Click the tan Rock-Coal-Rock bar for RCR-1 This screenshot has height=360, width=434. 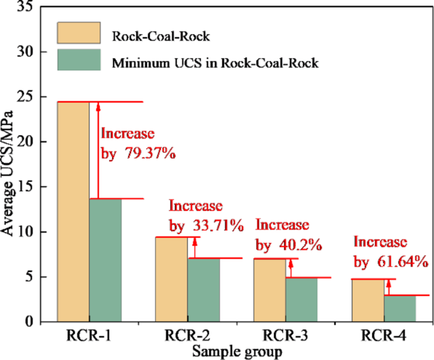click(73, 212)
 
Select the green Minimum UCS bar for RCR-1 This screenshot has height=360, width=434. click(105, 260)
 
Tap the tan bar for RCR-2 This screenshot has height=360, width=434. click(171, 280)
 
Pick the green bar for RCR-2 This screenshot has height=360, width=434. click(203, 290)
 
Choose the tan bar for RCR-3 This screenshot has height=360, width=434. click(269, 290)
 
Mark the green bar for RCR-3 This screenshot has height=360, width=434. click(302, 300)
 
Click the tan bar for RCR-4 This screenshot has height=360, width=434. click(367, 300)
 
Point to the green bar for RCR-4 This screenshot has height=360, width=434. click(400, 309)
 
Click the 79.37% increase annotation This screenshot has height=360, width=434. click(138, 144)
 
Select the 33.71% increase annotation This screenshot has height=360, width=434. click(206, 215)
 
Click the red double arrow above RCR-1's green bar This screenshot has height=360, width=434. click(98, 150)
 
